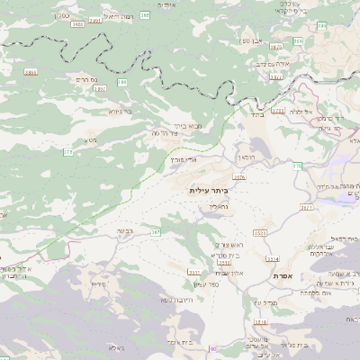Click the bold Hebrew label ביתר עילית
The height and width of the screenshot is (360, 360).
[x=209, y=191]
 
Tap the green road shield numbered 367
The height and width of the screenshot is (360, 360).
[x=156, y=232]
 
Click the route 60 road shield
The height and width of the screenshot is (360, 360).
[x=212, y=348]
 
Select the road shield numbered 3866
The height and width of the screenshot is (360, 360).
[x=31, y=71]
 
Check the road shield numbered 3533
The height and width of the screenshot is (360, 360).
[x=260, y=232]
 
